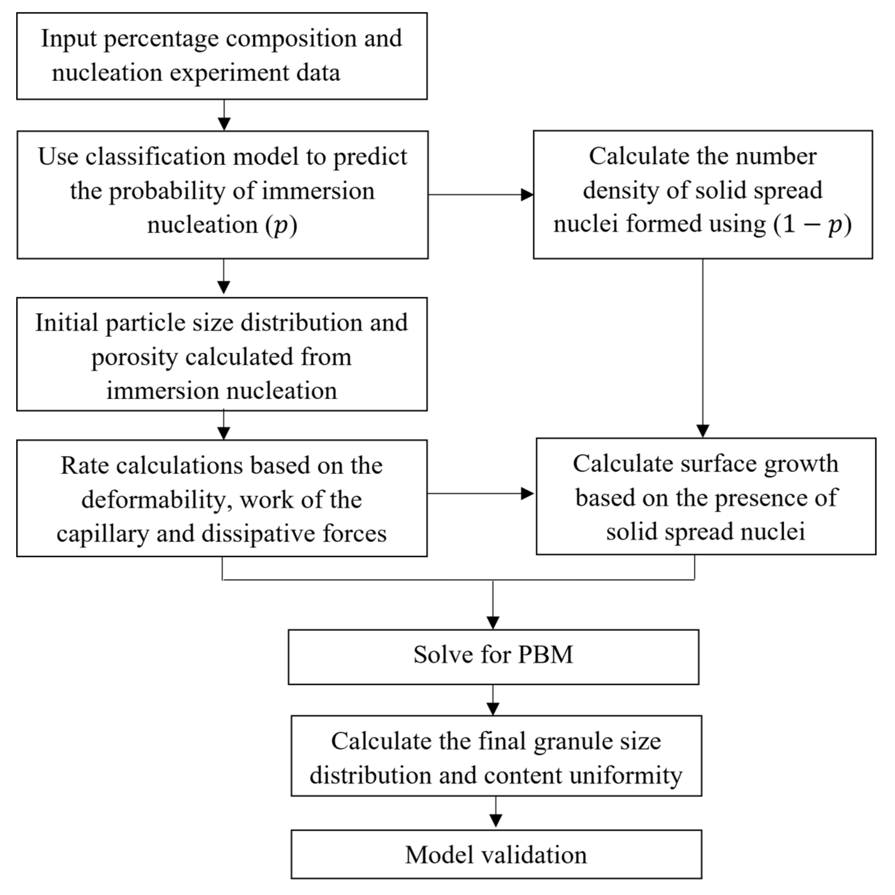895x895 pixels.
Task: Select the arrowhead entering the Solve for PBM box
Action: point(493,622)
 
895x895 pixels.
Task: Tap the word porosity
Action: point(134,357)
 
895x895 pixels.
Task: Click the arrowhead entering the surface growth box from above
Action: point(703,431)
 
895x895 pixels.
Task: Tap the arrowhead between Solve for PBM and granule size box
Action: point(493,708)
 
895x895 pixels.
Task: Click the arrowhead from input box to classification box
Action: point(224,124)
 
